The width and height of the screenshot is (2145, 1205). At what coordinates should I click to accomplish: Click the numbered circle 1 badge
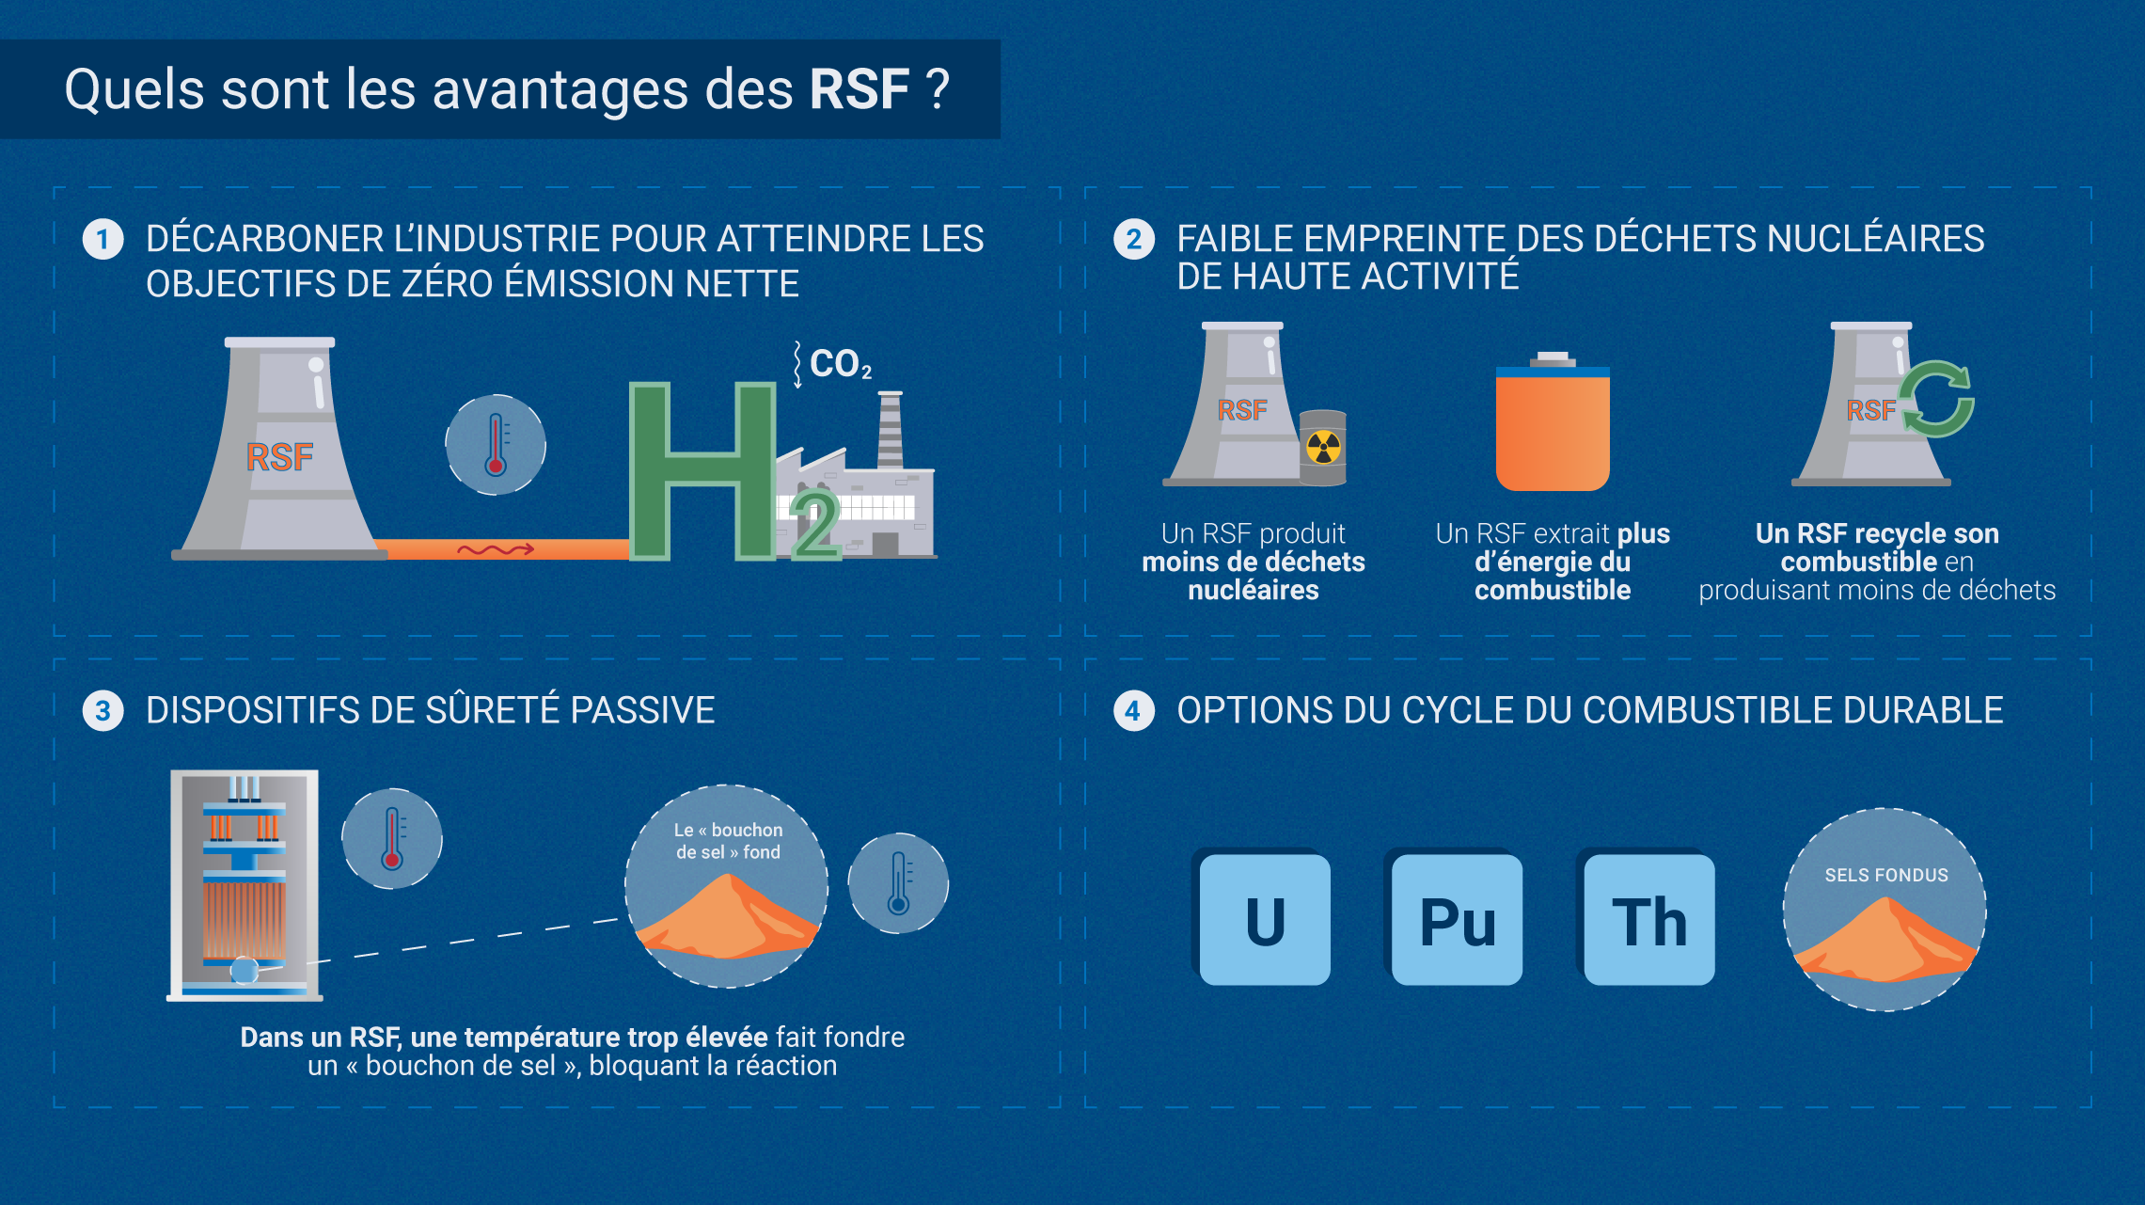point(103,239)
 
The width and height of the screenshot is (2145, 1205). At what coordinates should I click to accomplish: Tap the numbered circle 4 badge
point(1134,710)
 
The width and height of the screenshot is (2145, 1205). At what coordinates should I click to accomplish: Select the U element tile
point(1264,918)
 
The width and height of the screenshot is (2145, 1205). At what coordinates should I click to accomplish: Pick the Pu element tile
point(1456,918)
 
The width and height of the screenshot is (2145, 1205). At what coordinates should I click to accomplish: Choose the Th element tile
point(1648,918)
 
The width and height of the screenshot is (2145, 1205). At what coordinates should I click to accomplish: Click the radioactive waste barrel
point(1323,448)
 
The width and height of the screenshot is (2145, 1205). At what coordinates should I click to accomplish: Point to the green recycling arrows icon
point(1937,399)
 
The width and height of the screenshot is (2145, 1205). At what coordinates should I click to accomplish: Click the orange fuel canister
point(1553,422)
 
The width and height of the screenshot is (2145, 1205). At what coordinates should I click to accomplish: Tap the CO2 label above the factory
point(840,364)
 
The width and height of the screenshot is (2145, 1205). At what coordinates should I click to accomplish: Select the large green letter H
point(702,470)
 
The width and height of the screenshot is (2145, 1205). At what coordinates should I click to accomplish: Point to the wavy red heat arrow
point(496,549)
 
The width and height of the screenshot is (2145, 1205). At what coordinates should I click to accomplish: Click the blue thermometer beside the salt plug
point(898,883)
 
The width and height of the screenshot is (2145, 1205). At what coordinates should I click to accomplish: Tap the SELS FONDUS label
point(1886,875)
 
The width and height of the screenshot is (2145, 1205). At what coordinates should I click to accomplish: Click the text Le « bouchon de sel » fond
point(728,841)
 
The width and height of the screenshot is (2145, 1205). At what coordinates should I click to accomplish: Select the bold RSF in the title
point(860,90)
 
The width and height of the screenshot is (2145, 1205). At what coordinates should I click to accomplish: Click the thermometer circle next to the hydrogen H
point(496,445)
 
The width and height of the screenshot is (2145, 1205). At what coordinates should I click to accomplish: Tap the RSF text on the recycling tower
point(1871,410)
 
